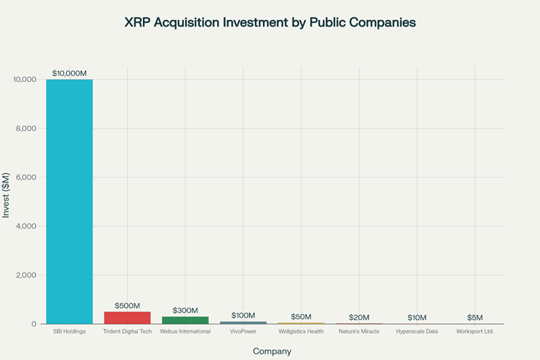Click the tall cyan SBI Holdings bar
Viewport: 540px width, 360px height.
pyautogui.click(x=70, y=201)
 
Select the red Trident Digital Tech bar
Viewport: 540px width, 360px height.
pyautogui.click(x=127, y=318)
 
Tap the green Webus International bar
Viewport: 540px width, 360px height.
pyautogui.click(x=185, y=320)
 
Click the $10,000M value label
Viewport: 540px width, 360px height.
pyautogui.click(x=70, y=73)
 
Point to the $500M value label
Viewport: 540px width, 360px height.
pyautogui.click(x=127, y=305)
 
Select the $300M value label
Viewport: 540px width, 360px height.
pyautogui.click(x=185, y=310)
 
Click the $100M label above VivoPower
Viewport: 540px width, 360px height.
pyautogui.click(x=243, y=315)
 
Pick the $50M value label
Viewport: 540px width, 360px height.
pyautogui.click(x=301, y=317)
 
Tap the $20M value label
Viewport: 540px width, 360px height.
pyautogui.click(x=359, y=318)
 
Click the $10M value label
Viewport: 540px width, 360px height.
pyautogui.click(x=416, y=318)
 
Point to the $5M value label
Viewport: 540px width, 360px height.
pyautogui.click(x=475, y=318)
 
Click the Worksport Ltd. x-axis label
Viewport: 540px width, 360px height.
pyautogui.click(x=475, y=331)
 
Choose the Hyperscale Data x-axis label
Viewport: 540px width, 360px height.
pyautogui.click(x=416, y=331)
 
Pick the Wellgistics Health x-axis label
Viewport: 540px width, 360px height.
pyautogui.click(x=301, y=331)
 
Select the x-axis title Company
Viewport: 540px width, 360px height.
pyautogui.click(x=272, y=351)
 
